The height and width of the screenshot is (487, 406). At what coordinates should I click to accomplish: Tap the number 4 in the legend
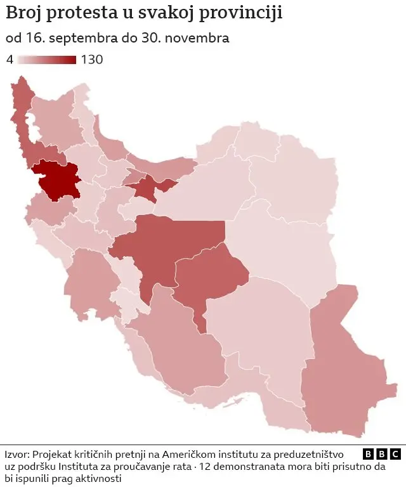pos(10,60)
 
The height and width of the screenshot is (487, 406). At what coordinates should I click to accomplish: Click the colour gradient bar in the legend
pos(47,60)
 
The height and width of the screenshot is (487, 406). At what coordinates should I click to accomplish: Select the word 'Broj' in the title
pos(23,13)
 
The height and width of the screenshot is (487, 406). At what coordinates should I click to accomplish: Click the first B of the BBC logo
pos(368,454)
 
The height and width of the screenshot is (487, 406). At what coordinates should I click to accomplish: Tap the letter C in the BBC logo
pos(395,454)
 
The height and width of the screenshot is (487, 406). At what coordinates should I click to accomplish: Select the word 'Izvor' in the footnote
pos(16,455)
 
